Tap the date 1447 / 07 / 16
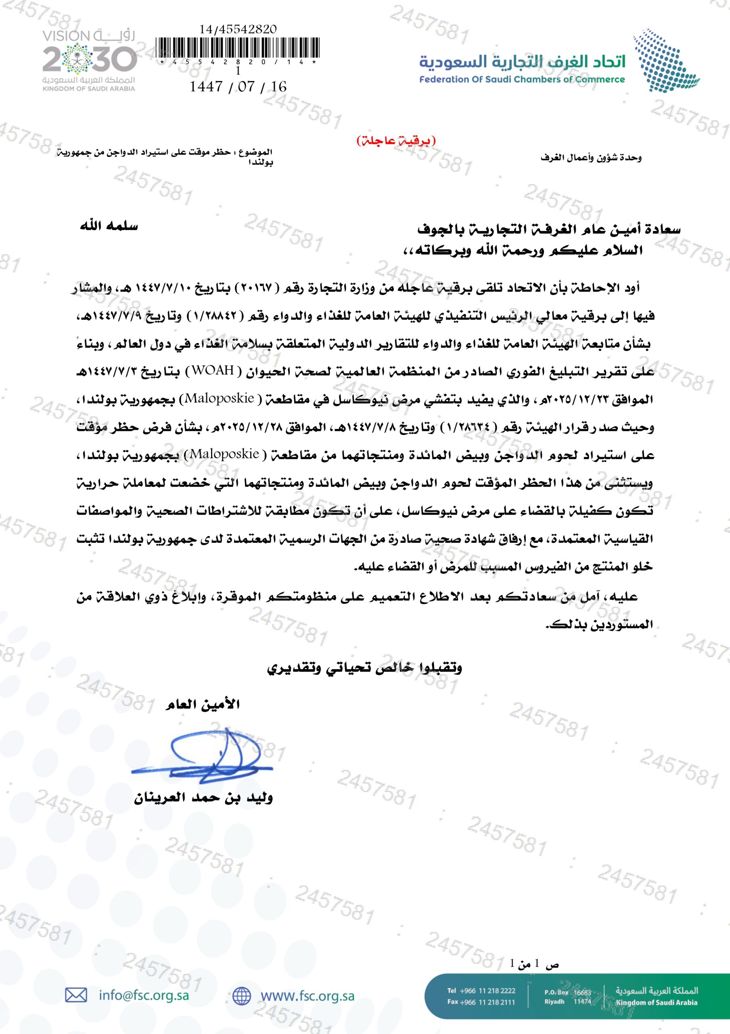[x=238, y=86]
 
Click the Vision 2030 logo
[x=89, y=60]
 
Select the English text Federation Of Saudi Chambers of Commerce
[x=522, y=80]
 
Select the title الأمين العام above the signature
[x=203, y=704]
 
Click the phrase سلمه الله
[x=109, y=226]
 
